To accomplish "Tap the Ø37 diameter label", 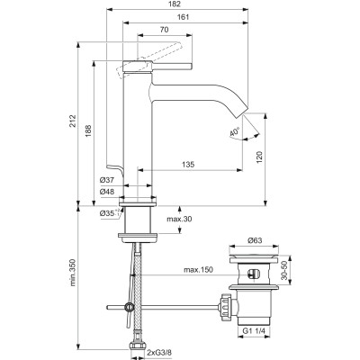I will pyautogui.click(x=107, y=180).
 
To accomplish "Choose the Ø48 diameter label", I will pyautogui.click(x=107, y=192).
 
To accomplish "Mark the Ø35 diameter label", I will pyautogui.click(x=109, y=214).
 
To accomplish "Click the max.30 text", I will pyautogui.click(x=179, y=220).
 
